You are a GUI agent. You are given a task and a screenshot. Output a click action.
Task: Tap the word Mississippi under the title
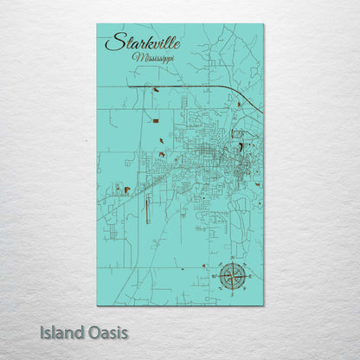tap(153, 57)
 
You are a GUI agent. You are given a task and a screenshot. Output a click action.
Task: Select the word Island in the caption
tap(60, 332)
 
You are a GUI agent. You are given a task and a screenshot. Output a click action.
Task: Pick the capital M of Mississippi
tap(136, 56)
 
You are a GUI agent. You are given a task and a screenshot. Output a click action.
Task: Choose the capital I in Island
tap(41, 332)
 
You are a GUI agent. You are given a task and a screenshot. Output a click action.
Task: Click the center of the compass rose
tap(231, 277)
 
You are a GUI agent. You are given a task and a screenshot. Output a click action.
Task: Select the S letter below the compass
tap(231, 296)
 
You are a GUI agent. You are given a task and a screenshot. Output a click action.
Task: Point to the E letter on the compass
tap(250, 277)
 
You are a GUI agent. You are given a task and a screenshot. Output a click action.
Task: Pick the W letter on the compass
tap(213, 277)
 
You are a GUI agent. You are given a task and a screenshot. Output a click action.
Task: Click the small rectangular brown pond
tap(127, 190)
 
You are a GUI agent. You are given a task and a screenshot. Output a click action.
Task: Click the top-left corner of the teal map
tap(97, 24)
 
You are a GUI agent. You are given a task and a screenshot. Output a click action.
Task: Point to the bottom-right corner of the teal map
tap(263, 305)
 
